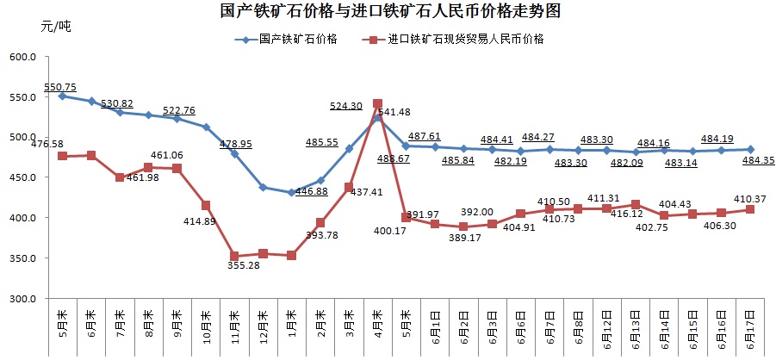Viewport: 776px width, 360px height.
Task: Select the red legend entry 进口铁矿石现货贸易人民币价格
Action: pyautogui.click(x=464, y=40)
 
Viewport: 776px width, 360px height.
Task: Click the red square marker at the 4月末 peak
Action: pyautogui.click(x=377, y=103)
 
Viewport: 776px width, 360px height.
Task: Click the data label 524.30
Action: pyautogui.click(x=345, y=106)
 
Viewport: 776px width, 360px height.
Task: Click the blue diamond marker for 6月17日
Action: pyautogui.click(x=750, y=149)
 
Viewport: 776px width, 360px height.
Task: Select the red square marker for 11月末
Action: pyautogui.click(x=234, y=257)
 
